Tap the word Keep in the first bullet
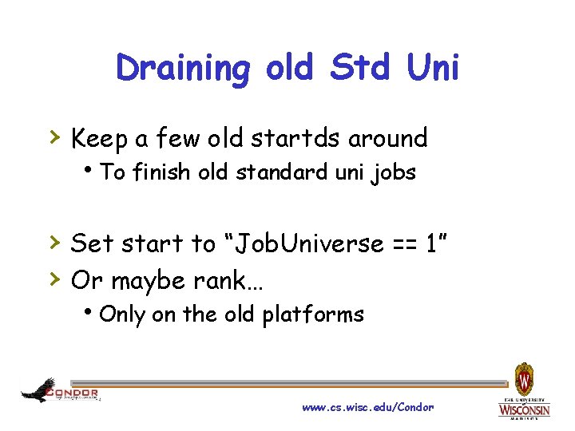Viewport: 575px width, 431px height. (100, 139)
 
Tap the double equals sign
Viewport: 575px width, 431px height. (403, 244)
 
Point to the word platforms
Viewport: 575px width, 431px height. (313, 315)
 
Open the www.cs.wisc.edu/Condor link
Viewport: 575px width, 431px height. (367, 407)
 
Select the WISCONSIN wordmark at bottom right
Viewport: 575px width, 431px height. (524, 409)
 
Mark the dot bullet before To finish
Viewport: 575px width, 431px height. (93, 170)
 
